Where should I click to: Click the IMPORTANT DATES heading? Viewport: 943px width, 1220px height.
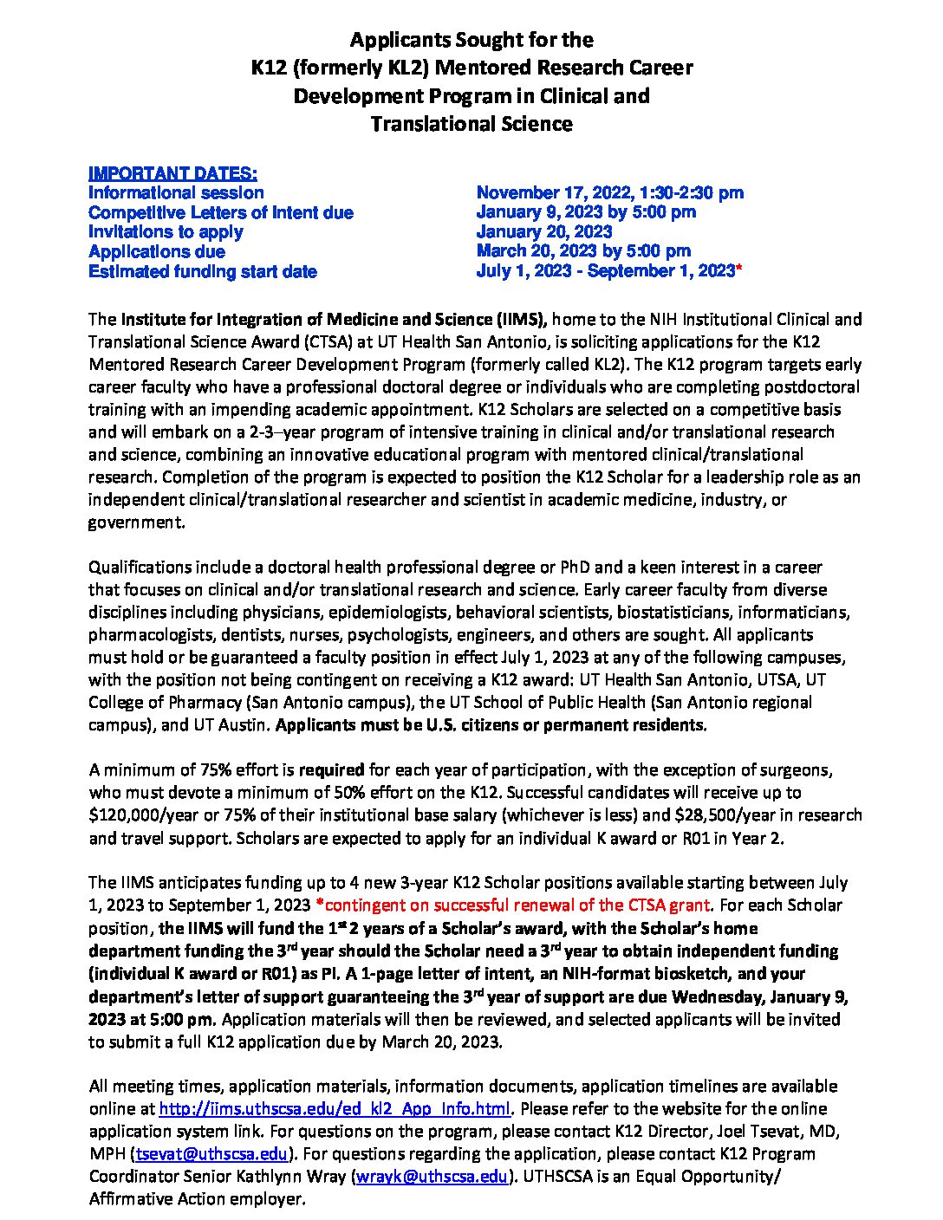click(172, 172)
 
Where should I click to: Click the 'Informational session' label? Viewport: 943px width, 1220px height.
click(176, 192)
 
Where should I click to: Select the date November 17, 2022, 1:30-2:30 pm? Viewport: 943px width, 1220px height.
click(609, 192)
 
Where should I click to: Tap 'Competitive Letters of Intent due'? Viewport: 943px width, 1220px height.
click(221, 212)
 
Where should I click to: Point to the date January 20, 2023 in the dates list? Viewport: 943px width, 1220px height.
click(544, 231)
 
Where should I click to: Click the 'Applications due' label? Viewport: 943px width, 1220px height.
click(157, 251)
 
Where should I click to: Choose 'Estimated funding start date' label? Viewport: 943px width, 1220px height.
click(203, 271)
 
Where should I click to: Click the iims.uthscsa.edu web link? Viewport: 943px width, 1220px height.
click(335, 1109)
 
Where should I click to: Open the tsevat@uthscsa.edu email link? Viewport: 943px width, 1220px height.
click(211, 1154)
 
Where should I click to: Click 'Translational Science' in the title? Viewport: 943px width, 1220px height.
click(471, 124)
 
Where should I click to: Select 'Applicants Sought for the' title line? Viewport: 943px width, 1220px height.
click(471, 40)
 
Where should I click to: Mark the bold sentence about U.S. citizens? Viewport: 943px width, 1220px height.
click(491, 724)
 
